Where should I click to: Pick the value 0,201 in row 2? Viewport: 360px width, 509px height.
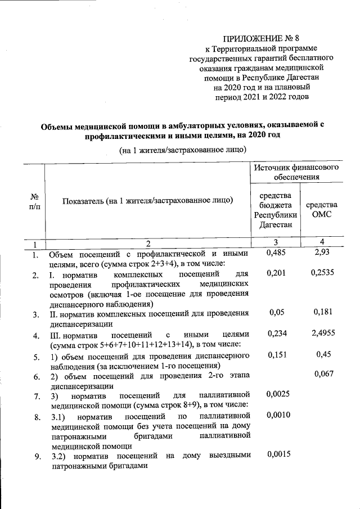pyautogui.click(x=276, y=274)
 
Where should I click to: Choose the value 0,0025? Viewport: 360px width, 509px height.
pyautogui.click(x=278, y=394)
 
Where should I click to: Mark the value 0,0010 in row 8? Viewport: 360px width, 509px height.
pyautogui.click(x=278, y=415)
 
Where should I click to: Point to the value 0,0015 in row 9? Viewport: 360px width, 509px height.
pyautogui.click(x=278, y=454)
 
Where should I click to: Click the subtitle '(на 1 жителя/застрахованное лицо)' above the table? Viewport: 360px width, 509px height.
pyautogui.click(x=175, y=149)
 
